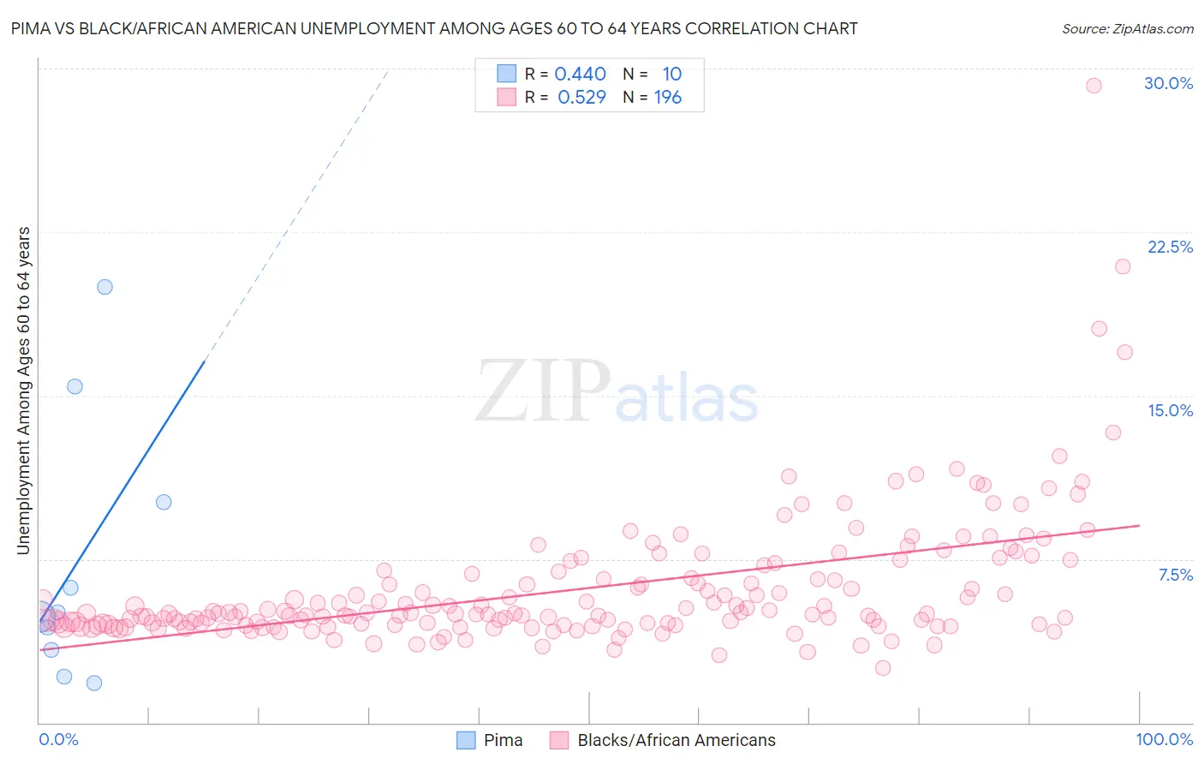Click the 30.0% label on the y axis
[x=1168, y=83]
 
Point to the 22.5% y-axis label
[x=1170, y=247]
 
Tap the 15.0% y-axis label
[x=1170, y=410]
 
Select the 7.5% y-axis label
[x=1175, y=575]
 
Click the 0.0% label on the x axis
[x=58, y=739]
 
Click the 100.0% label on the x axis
[x=1164, y=739]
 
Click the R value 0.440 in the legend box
[x=580, y=74]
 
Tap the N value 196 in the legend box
[x=668, y=97]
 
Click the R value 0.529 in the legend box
[x=581, y=97]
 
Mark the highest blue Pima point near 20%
[x=104, y=287]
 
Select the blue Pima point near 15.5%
[x=75, y=386]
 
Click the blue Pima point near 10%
[x=164, y=502]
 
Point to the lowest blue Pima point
[x=94, y=683]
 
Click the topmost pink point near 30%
[x=1094, y=85]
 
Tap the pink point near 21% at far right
[x=1123, y=266]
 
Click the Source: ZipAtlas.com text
[x=1127, y=29]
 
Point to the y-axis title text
[x=23, y=390]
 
